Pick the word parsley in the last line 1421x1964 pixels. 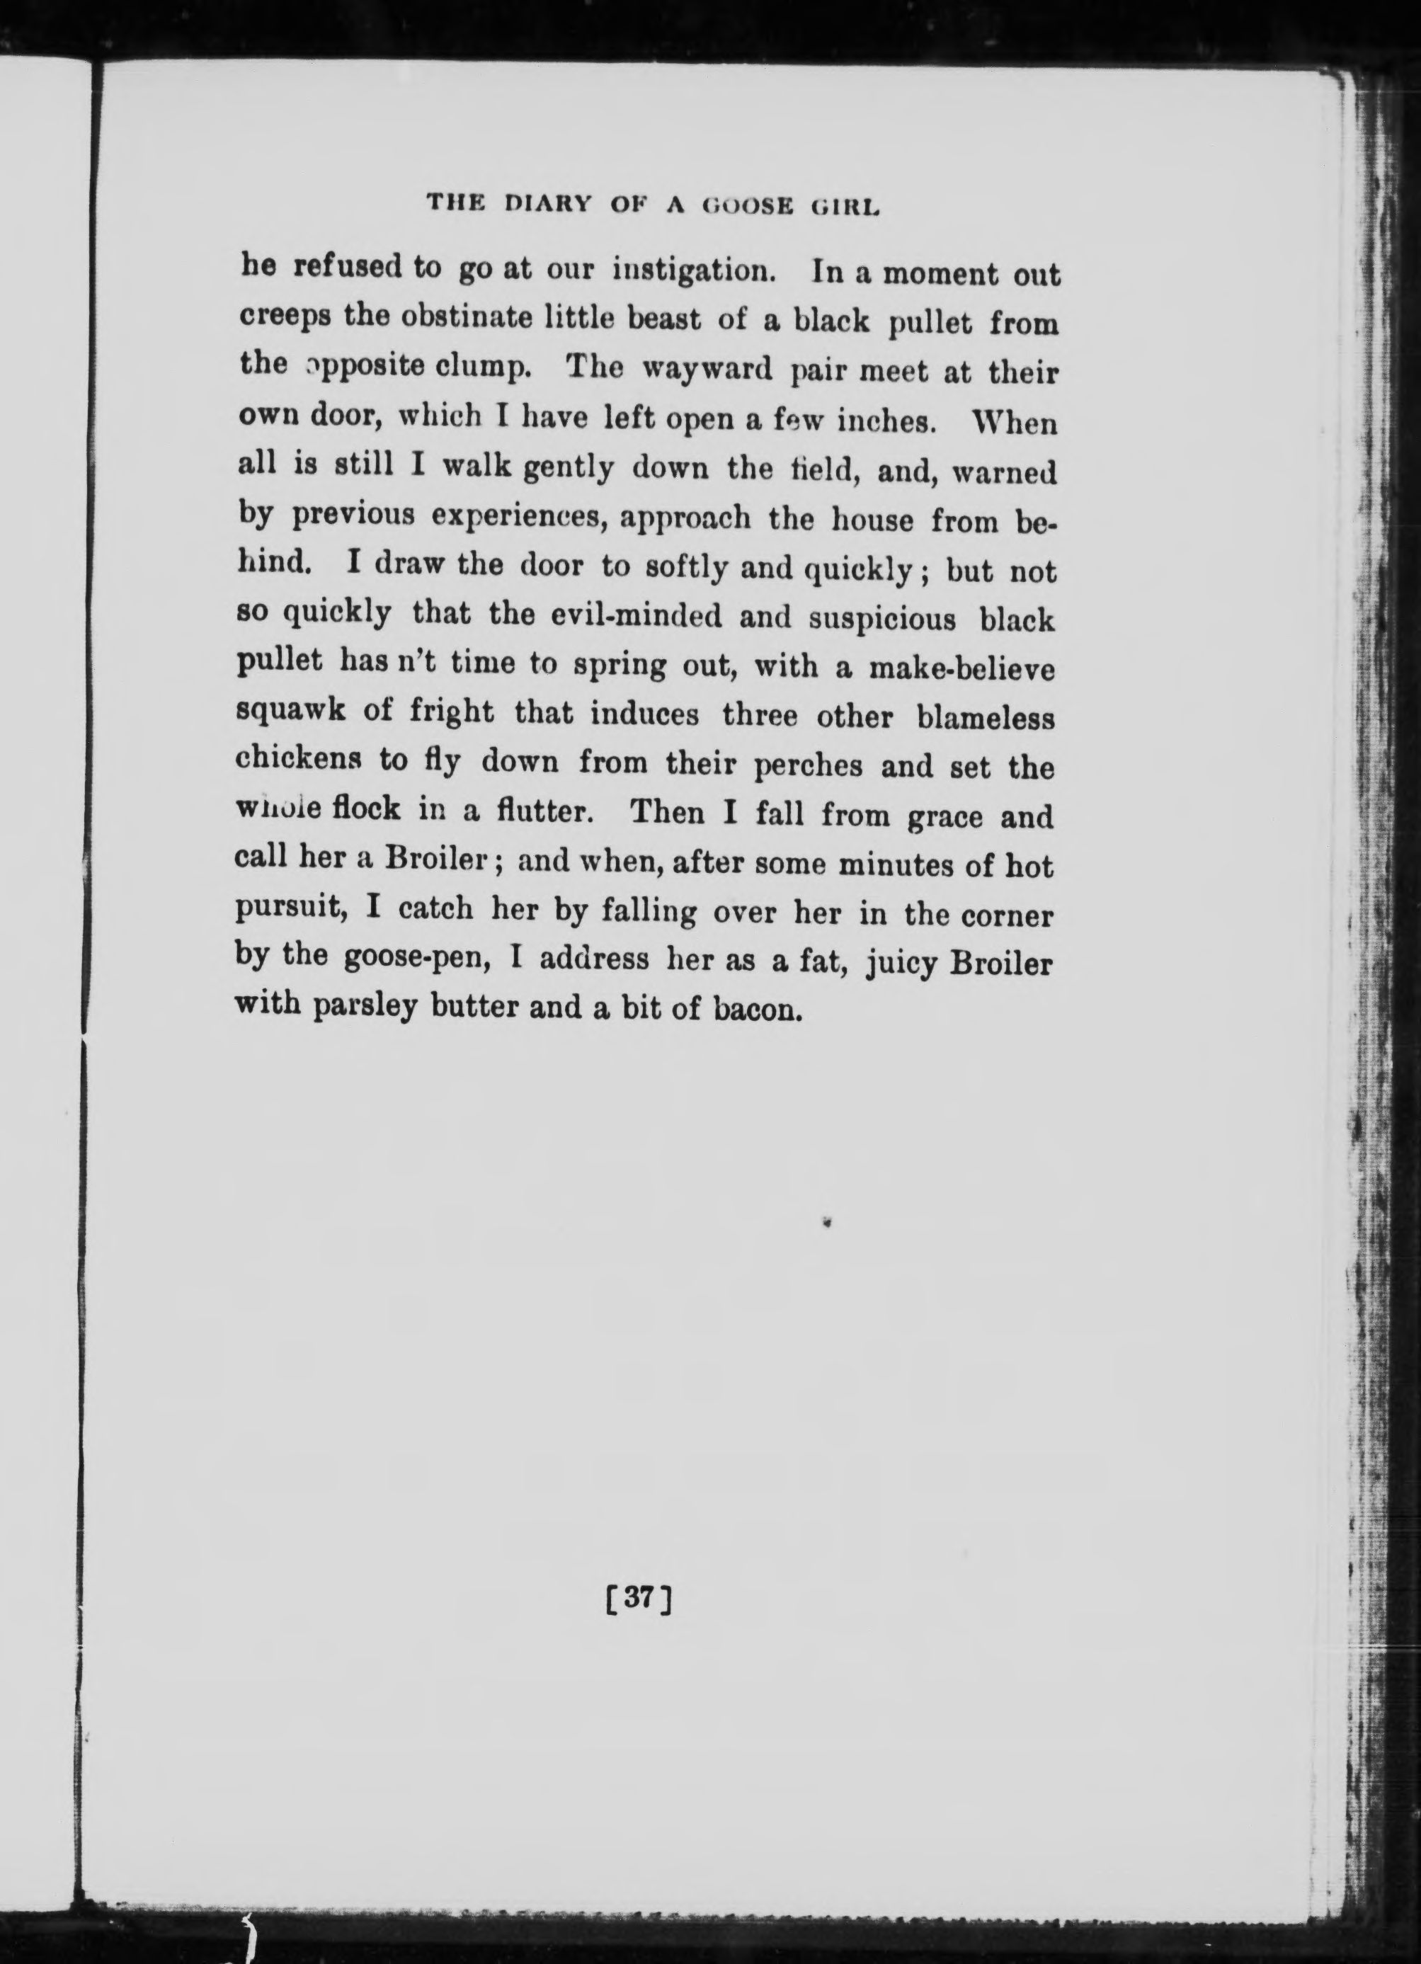click(x=361, y=1007)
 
